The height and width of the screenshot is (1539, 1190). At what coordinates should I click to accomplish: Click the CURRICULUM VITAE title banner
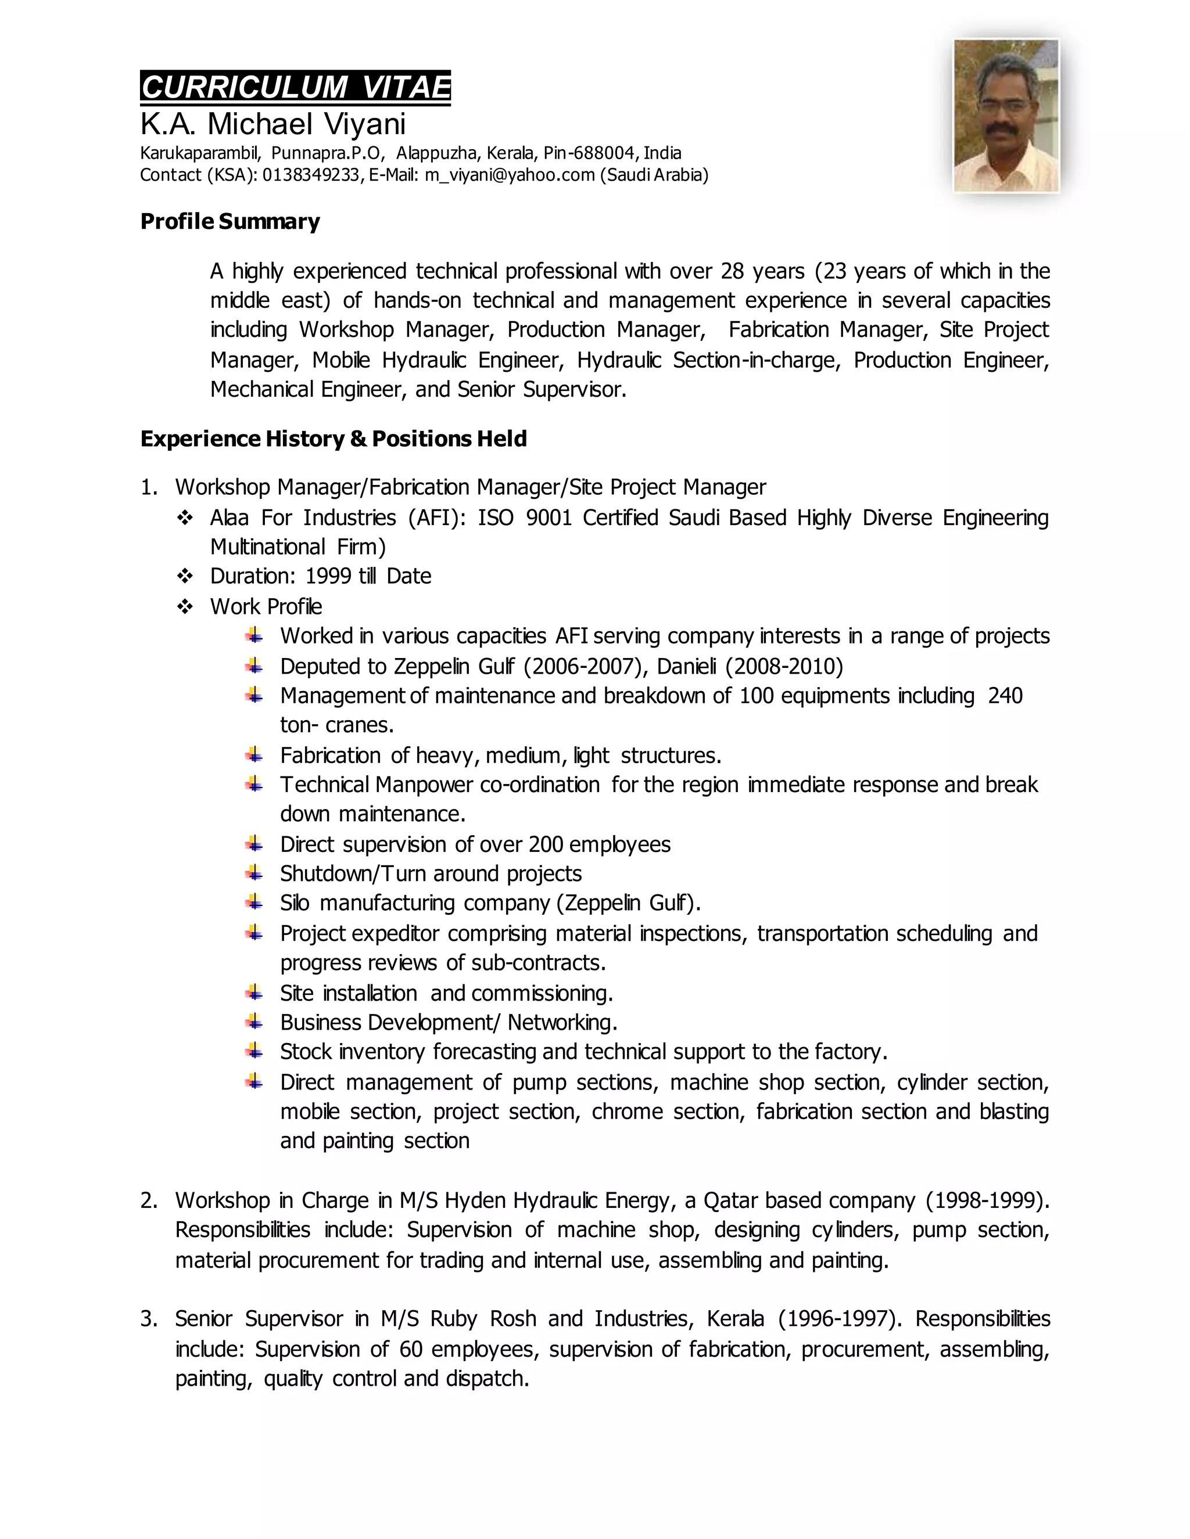[295, 87]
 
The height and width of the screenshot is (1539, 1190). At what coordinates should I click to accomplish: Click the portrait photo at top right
[1006, 116]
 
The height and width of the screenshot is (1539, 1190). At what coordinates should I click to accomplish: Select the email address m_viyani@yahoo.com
[510, 175]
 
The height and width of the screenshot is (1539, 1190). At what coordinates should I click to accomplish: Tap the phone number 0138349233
[311, 175]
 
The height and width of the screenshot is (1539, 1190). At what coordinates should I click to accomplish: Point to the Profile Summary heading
[230, 221]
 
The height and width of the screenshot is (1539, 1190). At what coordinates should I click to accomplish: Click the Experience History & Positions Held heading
[334, 439]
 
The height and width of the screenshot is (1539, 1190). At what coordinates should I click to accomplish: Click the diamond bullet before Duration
[185, 577]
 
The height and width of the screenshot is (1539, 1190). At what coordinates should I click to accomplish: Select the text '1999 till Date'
[368, 577]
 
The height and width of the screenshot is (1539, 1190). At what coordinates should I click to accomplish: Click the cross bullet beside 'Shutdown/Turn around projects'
[255, 874]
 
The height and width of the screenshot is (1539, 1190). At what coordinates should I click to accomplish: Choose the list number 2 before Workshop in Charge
[148, 1200]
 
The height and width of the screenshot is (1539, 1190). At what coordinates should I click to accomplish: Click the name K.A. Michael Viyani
[273, 125]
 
